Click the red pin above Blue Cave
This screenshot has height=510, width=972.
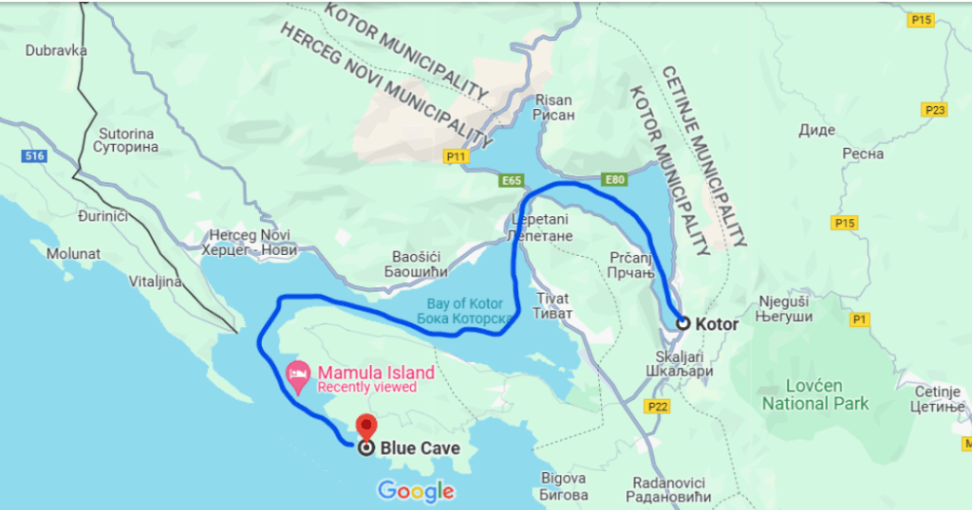(x=365, y=427)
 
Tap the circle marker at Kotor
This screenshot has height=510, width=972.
(x=682, y=323)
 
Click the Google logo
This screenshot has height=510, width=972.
(x=416, y=491)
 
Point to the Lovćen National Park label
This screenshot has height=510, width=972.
(x=814, y=394)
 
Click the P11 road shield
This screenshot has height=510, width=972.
(x=457, y=157)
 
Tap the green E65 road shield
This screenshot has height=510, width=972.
(x=512, y=179)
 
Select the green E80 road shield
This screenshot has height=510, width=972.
(x=614, y=178)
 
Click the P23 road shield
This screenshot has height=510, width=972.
(x=934, y=110)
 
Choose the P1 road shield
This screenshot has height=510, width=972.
(x=860, y=320)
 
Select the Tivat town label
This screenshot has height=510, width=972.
(x=552, y=305)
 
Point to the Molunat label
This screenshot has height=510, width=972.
(x=72, y=253)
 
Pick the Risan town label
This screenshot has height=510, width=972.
(x=554, y=107)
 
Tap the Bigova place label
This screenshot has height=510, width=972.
(x=564, y=485)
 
